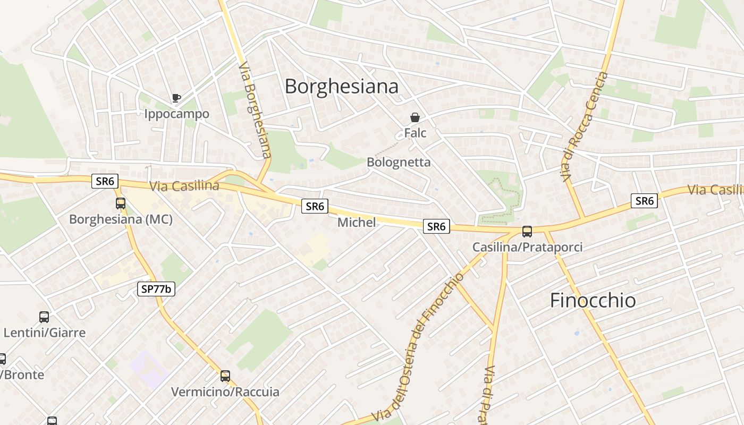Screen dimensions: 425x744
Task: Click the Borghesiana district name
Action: click(x=341, y=86)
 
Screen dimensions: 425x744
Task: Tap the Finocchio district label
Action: click(x=593, y=301)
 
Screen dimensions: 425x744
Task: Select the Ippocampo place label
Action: click(x=176, y=114)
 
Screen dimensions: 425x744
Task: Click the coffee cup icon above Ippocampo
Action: click(x=176, y=98)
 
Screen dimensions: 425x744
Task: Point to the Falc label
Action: click(x=415, y=133)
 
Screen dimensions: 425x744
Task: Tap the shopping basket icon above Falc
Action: click(x=415, y=117)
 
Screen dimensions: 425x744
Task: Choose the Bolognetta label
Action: click(x=399, y=162)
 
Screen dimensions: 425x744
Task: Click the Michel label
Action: click(x=356, y=222)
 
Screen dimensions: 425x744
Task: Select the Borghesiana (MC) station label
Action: click(x=121, y=219)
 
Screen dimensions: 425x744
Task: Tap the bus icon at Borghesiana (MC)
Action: click(x=121, y=203)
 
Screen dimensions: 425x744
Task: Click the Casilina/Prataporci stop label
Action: click(x=527, y=247)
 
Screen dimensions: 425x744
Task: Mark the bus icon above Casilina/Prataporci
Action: click(x=527, y=232)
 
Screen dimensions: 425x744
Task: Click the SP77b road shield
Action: click(x=156, y=289)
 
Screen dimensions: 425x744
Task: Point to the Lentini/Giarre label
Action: click(x=44, y=333)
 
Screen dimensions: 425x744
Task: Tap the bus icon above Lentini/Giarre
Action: click(x=44, y=317)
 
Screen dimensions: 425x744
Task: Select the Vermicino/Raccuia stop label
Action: click(x=225, y=392)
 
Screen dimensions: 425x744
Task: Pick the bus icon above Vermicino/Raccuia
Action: click(x=225, y=376)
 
